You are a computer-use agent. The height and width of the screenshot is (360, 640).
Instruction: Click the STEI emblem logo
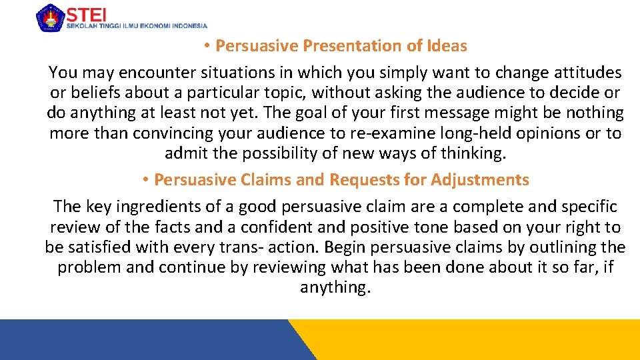pyautogui.click(x=50, y=17)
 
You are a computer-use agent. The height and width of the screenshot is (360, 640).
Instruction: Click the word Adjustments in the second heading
pyautogui.click(x=480, y=180)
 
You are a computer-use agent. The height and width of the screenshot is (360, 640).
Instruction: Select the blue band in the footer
pyautogui.click(x=147, y=340)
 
